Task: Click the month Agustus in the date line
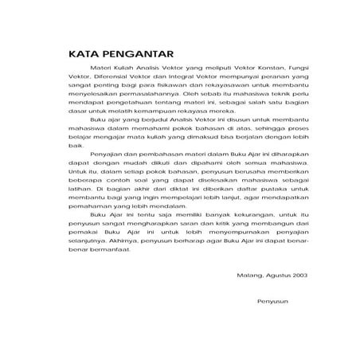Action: [x=276, y=275]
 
